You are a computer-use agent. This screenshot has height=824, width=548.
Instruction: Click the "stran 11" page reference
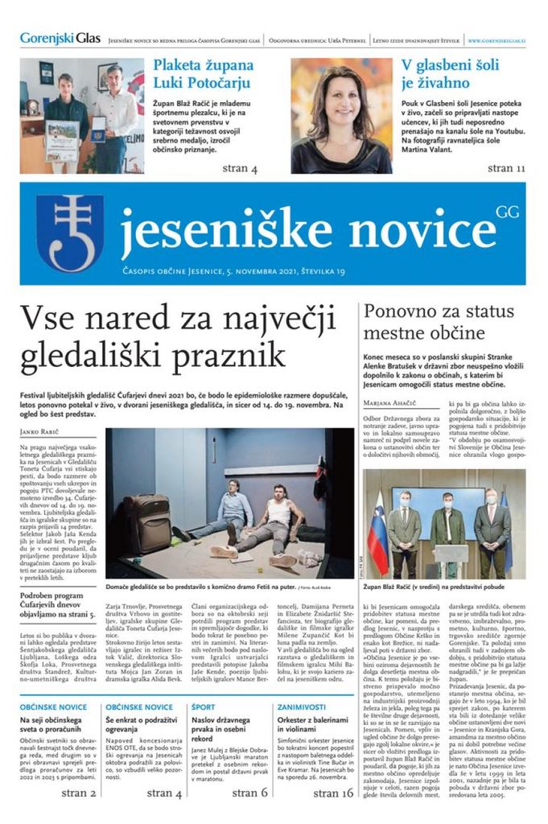pos(506,168)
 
